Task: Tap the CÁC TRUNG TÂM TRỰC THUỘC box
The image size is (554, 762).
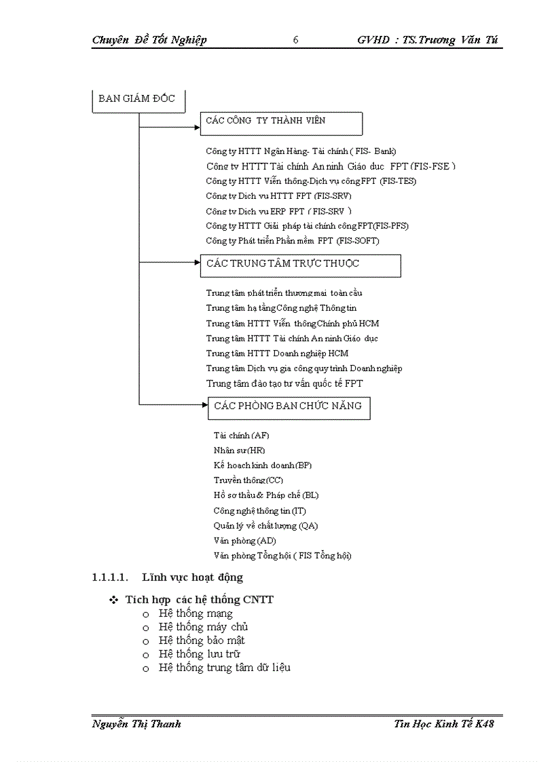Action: click(300, 265)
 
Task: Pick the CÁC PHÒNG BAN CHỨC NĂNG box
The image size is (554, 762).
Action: click(289, 407)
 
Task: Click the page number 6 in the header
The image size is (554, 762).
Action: click(296, 40)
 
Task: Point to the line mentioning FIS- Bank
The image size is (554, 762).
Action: click(301, 151)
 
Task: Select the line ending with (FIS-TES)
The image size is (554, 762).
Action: click(311, 181)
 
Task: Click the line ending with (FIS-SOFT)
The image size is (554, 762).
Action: click(293, 241)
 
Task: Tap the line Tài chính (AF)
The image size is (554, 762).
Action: click(241, 436)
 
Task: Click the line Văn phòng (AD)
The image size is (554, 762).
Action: click(244, 541)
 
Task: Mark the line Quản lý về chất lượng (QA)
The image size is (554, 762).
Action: click(265, 526)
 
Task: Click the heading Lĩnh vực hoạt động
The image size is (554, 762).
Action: click(192, 578)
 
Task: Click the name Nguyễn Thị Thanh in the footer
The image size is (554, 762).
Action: click(136, 724)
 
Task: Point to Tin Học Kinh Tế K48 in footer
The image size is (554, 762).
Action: click(444, 724)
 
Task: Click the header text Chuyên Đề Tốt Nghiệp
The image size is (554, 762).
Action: click(149, 40)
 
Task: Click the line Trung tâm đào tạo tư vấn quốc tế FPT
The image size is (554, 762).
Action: click(284, 383)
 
